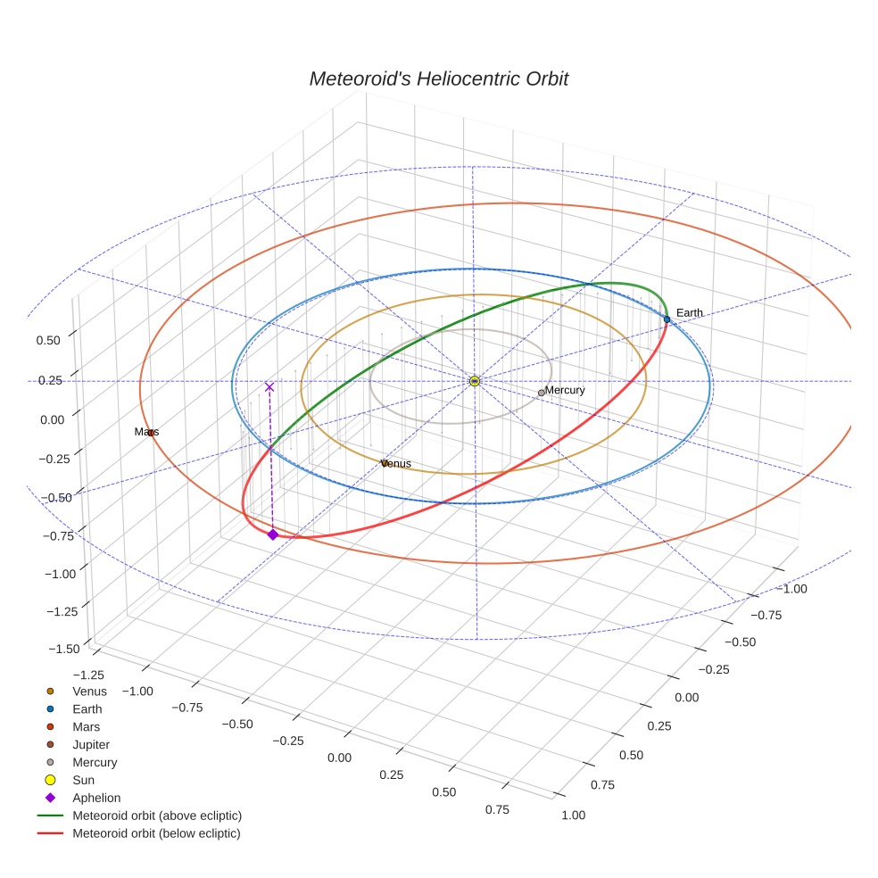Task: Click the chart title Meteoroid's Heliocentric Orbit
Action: (x=438, y=79)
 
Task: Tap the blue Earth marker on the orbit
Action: (x=667, y=319)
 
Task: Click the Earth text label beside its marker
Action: (x=689, y=312)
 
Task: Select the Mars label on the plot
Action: (x=146, y=432)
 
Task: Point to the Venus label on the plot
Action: (x=396, y=464)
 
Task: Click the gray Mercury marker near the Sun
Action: (x=541, y=393)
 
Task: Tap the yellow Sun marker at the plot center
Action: (x=475, y=381)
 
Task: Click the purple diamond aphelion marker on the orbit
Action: (x=273, y=534)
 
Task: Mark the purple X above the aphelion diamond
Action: (x=269, y=387)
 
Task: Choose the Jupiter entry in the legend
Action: (x=91, y=744)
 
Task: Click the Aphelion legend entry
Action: (x=95, y=798)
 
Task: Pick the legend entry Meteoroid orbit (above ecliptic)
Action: (x=156, y=816)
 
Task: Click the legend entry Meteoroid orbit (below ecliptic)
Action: (x=156, y=833)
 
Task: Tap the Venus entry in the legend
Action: (x=89, y=692)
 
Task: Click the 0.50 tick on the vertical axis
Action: (x=48, y=340)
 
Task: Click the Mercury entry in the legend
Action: (x=95, y=762)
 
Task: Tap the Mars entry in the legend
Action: (x=86, y=726)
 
